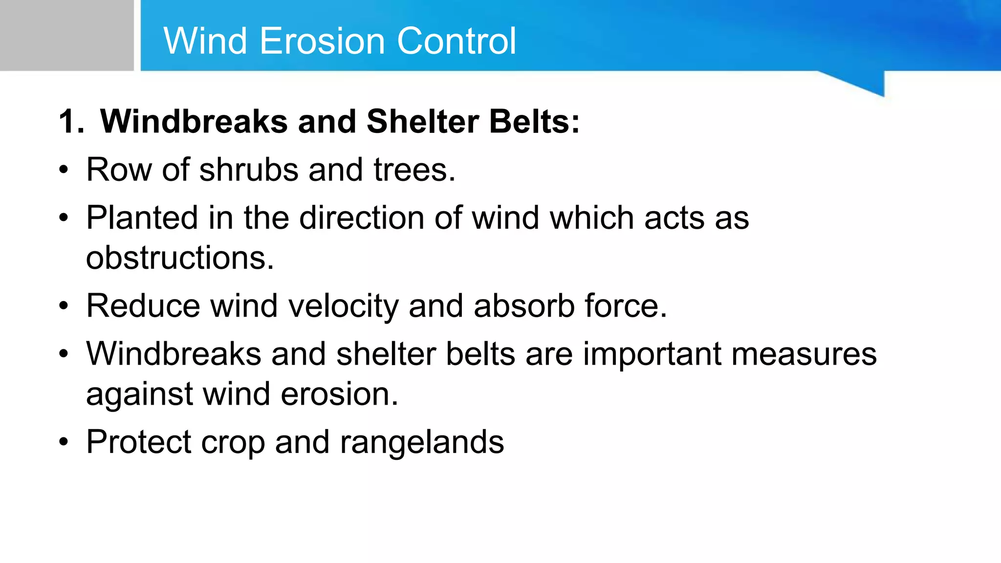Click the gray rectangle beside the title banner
(66, 35)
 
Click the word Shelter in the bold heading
(423, 121)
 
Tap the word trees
(414, 170)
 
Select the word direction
(362, 217)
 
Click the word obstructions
(180, 258)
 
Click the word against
(139, 394)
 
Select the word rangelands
(421, 442)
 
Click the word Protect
(138, 442)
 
